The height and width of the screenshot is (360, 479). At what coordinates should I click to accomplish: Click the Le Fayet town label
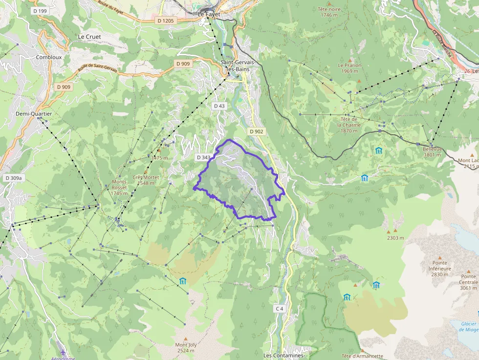(209, 15)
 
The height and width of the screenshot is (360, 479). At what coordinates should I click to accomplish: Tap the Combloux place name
(48, 57)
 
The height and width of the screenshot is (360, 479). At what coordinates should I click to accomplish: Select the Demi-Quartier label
(34, 114)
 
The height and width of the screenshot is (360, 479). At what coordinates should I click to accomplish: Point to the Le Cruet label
(88, 37)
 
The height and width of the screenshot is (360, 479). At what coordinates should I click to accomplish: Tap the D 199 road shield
(40, 10)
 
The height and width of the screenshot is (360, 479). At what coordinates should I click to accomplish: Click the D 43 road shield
(219, 106)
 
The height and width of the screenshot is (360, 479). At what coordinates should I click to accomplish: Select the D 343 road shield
(203, 157)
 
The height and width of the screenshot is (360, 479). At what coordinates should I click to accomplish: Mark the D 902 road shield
(256, 131)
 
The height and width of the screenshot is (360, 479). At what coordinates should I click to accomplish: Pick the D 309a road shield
(14, 178)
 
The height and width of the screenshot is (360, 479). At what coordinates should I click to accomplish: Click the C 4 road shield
(279, 308)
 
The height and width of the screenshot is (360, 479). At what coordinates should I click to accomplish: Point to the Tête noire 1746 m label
(329, 12)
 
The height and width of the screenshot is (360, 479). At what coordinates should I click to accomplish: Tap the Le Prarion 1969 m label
(349, 68)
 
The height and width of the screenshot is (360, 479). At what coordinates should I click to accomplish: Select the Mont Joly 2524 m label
(186, 347)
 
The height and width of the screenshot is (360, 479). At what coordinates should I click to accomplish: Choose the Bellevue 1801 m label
(433, 152)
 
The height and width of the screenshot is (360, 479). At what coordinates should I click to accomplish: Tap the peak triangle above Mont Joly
(185, 339)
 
